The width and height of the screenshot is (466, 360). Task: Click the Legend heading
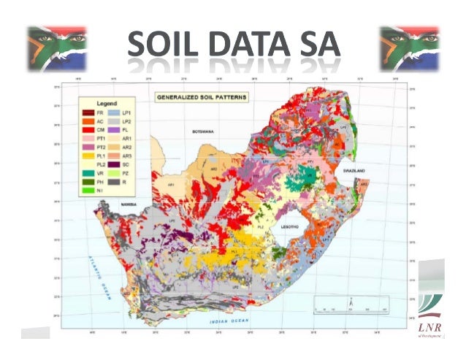coord(97,104)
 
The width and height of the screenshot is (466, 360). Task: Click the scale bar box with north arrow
coord(350,305)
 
